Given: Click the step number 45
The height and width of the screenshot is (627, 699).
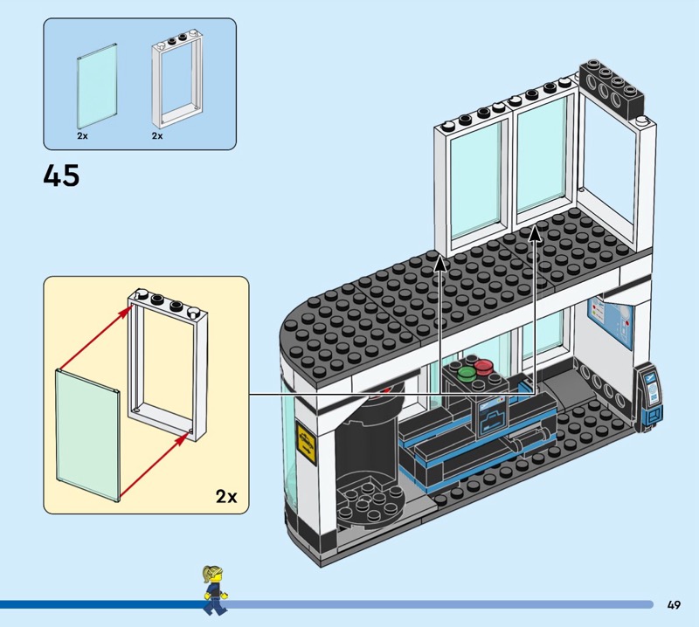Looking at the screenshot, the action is (61, 176).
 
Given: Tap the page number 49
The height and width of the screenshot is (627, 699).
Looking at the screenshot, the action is (674, 604).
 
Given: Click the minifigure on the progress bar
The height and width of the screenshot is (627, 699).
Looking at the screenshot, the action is (215, 590).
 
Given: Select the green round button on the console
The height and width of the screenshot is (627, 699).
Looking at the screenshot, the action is (467, 373).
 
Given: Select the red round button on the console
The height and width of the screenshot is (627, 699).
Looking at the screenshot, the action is (483, 367).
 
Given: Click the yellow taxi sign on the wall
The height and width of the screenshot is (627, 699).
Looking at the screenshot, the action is (307, 444).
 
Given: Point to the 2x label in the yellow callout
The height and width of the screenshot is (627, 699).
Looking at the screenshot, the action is (226, 496).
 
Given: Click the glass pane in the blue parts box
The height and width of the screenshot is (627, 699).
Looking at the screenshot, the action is (98, 86).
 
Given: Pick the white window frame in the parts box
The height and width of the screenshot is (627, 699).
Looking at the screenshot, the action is (177, 79).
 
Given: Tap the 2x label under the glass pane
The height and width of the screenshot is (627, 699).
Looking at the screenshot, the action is (82, 136).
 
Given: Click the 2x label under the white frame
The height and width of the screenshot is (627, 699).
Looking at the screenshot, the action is (157, 136).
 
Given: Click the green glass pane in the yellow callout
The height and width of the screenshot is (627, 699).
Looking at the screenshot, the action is (88, 435).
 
